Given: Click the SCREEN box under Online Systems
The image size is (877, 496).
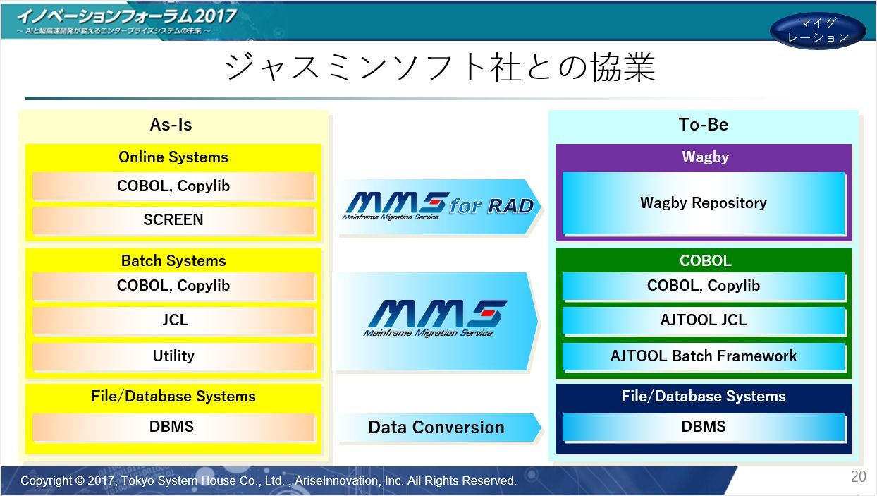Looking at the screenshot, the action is (173, 220).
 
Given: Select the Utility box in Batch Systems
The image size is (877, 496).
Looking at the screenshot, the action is (173, 356).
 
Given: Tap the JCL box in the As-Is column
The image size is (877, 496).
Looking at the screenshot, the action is (173, 320).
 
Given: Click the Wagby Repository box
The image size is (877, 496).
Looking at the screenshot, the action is (704, 203).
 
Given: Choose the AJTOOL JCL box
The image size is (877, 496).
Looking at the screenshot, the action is (704, 320).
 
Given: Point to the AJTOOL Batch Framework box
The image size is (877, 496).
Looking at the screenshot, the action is (704, 356).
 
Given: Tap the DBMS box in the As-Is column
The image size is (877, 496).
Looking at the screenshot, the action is (173, 427).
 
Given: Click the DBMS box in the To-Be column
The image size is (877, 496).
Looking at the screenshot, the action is (704, 427).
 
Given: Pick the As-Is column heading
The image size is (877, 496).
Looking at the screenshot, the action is (171, 125).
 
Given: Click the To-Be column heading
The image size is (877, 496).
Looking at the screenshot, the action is (704, 125).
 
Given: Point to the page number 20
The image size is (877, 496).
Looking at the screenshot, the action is (858, 477).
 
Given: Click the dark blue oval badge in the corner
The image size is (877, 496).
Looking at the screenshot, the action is (818, 30).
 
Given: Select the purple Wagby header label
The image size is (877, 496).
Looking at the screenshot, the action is (705, 157).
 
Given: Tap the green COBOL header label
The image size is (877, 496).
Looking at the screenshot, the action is (705, 261).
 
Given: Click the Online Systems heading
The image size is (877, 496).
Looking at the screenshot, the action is (173, 157).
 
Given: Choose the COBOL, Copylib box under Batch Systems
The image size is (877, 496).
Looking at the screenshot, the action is (173, 286).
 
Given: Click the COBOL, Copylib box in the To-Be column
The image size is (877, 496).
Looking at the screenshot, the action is (704, 286).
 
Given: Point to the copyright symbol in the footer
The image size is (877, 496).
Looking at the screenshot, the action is (80, 480).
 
